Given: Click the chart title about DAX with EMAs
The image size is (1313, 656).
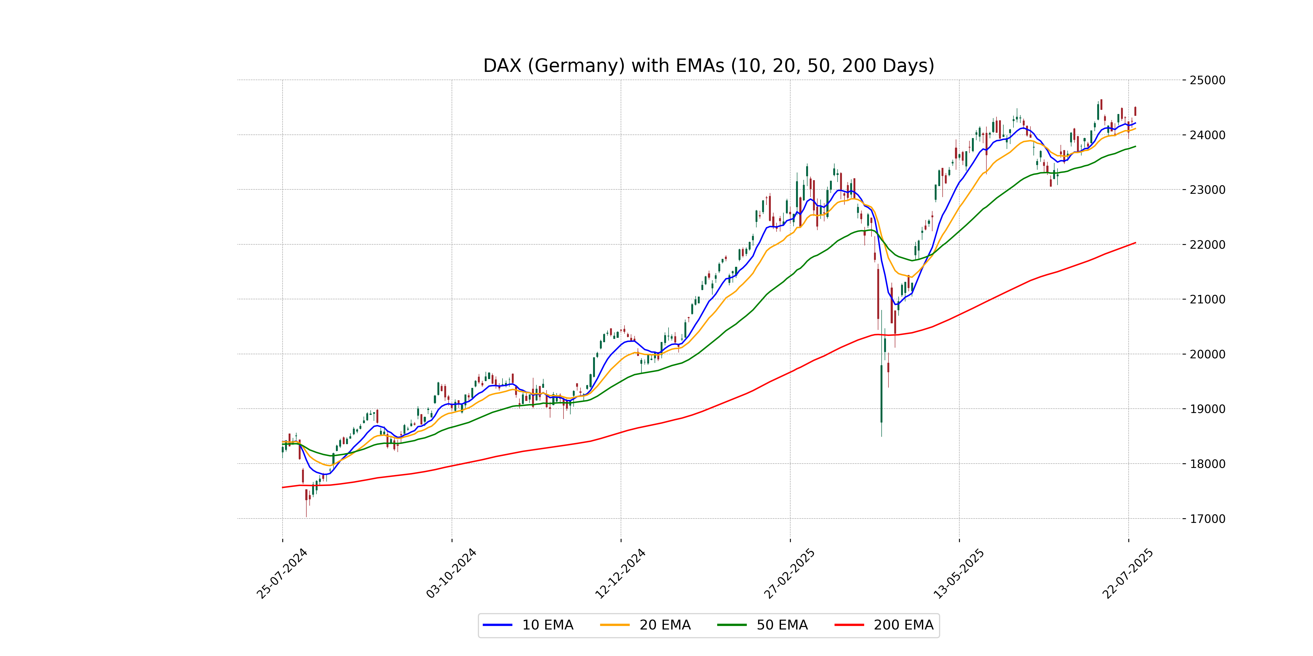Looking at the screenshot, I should (708, 66).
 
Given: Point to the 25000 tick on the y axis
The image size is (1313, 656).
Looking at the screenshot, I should (1207, 80).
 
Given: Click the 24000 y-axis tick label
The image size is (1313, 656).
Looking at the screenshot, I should (1207, 135).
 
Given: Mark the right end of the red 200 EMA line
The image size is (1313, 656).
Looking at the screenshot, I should (1135, 243).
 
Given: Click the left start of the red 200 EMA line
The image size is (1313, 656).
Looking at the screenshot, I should (283, 487).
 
